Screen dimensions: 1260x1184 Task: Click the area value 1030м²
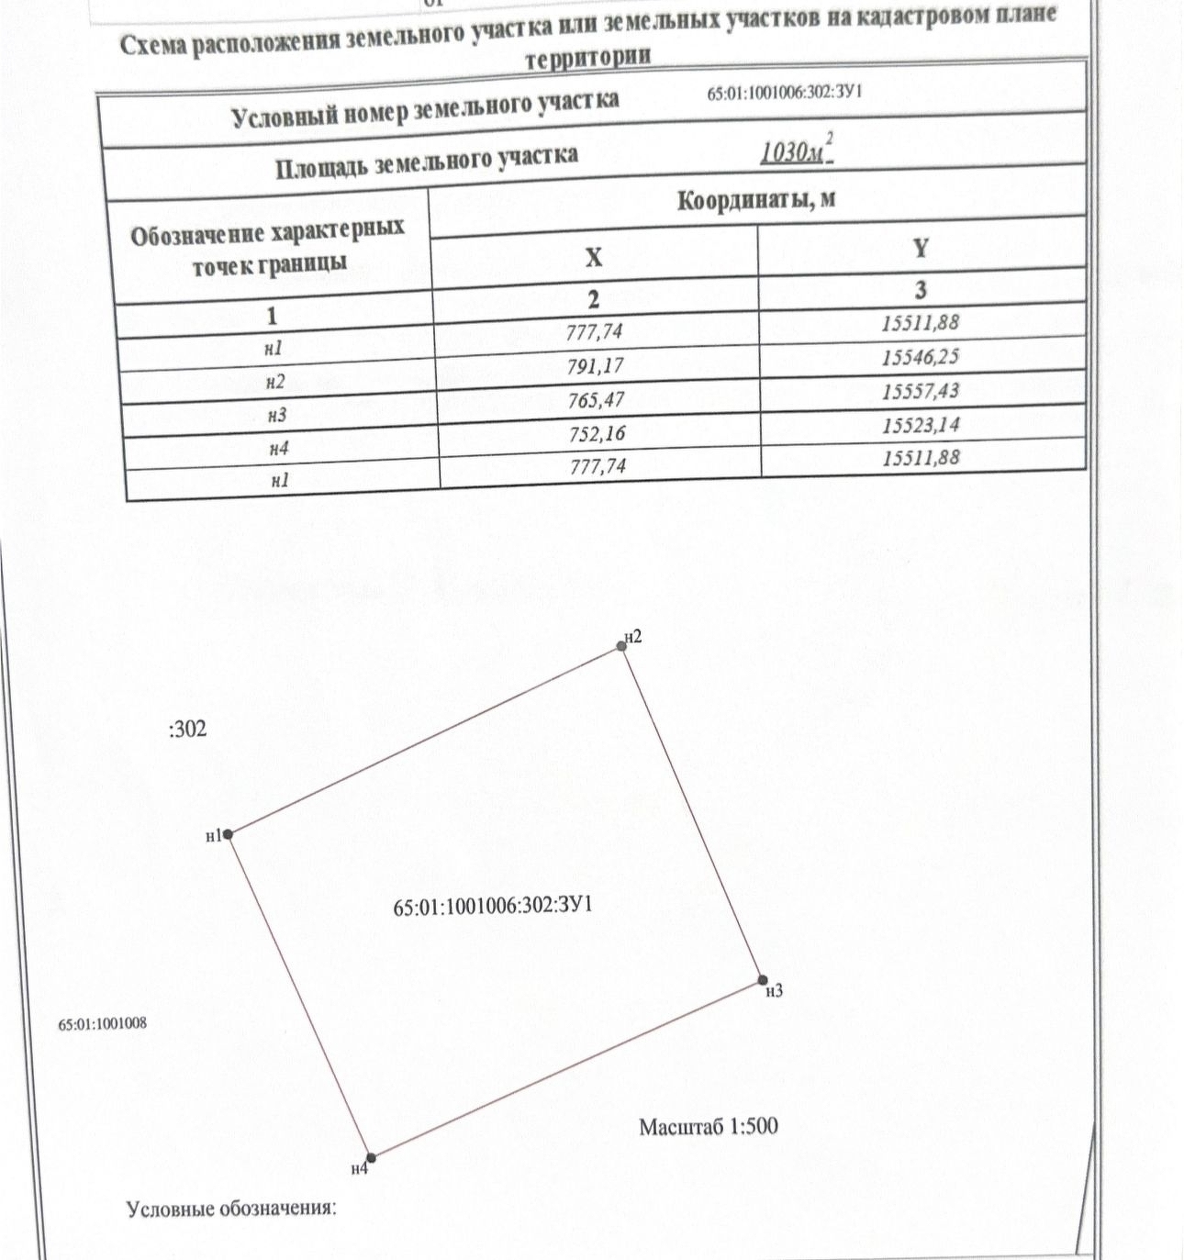pyautogui.click(x=796, y=151)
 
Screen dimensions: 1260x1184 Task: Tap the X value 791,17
pyautogui.click(x=596, y=366)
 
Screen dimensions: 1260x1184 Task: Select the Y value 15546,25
pyautogui.click(x=921, y=357)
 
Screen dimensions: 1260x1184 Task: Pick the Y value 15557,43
pyautogui.click(x=921, y=391)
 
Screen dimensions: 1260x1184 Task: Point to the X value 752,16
pyautogui.click(x=597, y=433)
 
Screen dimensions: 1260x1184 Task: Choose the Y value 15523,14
pyautogui.click(x=922, y=425)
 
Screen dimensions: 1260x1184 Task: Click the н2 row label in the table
pyautogui.click(x=275, y=382)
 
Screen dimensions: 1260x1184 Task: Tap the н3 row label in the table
pyautogui.click(x=277, y=415)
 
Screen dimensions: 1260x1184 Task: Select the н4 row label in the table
pyautogui.click(x=279, y=448)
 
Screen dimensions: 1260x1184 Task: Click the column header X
pyautogui.click(x=594, y=257)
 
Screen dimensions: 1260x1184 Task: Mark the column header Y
pyautogui.click(x=921, y=248)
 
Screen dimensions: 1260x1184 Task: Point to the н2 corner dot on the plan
pyautogui.click(x=622, y=646)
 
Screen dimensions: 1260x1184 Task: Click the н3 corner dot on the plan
pyautogui.click(x=763, y=980)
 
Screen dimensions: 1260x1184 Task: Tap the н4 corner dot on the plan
pyautogui.click(x=371, y=1158)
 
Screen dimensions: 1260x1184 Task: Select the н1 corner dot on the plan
pyautogui.click(x=229, y=834)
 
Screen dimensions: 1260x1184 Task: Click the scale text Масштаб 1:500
pyautogui.click(x=708, y=1126)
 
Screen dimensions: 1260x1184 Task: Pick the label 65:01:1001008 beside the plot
pyautogui.click(x=102, y=1023)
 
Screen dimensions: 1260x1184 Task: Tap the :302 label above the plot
pyautogui.click(x=188, y=730)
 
